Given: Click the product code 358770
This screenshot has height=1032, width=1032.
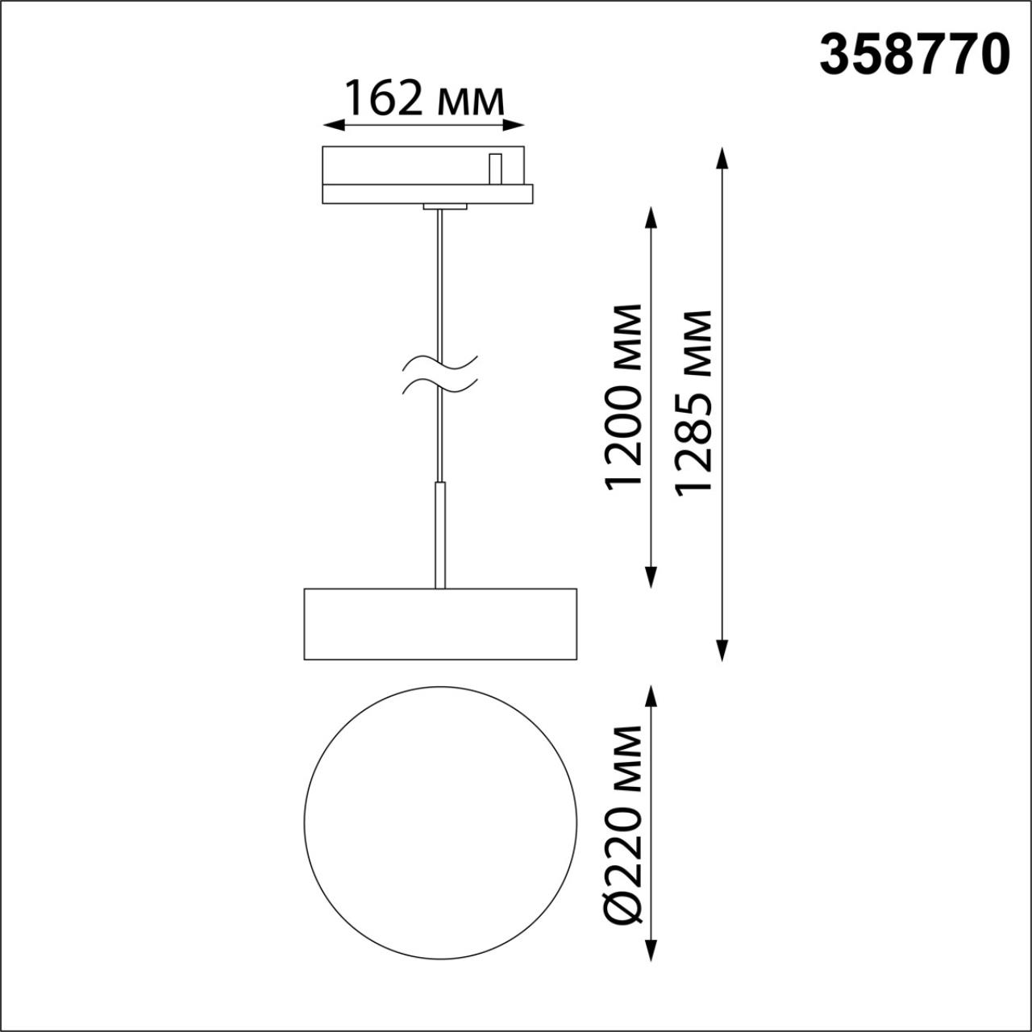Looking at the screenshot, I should tap(914, 56).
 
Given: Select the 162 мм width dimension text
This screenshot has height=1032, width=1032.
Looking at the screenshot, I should tap(424, 99).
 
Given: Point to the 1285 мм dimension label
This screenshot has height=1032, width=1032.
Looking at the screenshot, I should tap(695, 401).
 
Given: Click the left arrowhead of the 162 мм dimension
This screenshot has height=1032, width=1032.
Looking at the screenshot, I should tap(331, 125).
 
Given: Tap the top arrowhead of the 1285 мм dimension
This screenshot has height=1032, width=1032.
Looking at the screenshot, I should tap(722, 157).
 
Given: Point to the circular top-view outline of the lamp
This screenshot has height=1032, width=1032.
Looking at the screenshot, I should tap(440, 822).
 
